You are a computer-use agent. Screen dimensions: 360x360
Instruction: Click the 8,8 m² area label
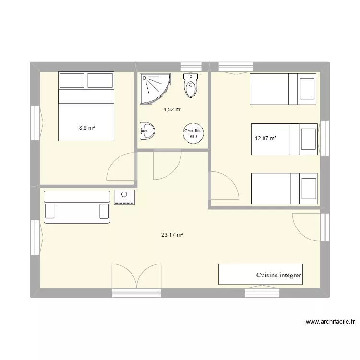[87, 128]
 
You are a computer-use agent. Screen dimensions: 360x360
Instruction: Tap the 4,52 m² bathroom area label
[172, 109]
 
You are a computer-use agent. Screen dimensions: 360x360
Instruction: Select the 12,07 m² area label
[266, 139]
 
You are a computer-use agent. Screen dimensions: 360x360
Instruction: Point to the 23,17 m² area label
[172, 235]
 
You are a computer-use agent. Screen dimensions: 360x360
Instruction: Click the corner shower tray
[154, 87]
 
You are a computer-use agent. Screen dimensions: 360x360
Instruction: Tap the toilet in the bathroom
[191, 85]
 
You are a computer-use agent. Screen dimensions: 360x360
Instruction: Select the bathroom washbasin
[147, 130]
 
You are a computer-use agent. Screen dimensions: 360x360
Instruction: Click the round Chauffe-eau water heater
[193, 133]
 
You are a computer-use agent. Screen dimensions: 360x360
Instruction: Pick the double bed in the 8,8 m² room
[86, 106]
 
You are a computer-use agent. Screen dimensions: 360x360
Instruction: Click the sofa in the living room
[77, 207]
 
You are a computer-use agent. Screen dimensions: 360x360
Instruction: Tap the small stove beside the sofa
[125, 197]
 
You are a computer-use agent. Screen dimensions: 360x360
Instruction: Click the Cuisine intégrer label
[278, 276]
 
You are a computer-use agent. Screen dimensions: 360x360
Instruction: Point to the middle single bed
[284, 139]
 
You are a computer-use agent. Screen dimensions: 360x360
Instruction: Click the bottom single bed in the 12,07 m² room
[284, 189]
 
